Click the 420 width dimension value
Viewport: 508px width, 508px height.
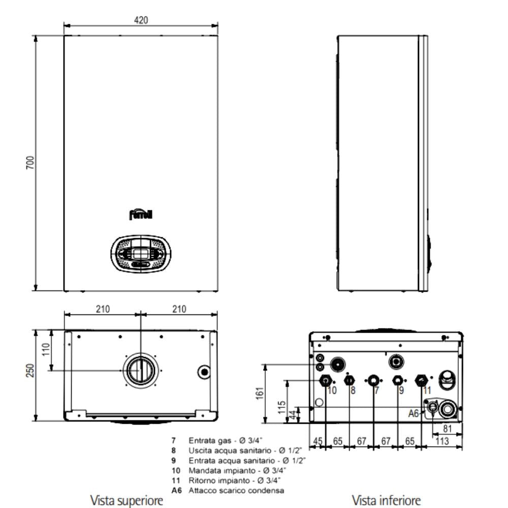141,20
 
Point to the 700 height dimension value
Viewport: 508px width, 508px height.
30,163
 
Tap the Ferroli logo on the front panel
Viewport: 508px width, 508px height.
141,214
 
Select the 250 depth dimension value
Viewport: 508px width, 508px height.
30,371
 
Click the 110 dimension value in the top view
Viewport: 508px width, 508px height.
46,350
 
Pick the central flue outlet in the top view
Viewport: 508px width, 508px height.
141,371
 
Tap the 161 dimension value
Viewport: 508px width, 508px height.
260,393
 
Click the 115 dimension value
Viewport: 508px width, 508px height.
282,407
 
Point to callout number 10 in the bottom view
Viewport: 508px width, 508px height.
332,390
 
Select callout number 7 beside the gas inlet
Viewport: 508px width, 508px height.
376,390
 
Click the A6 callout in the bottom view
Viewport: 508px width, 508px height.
414,414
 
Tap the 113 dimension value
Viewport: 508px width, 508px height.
442,441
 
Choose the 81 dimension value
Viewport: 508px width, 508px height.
448,429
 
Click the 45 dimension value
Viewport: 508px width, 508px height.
318,441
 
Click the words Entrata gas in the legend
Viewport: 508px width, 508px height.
210,440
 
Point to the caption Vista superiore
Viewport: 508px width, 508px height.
126,500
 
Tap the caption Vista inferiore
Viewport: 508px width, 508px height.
386,500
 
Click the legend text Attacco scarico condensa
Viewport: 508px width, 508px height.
236,491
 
